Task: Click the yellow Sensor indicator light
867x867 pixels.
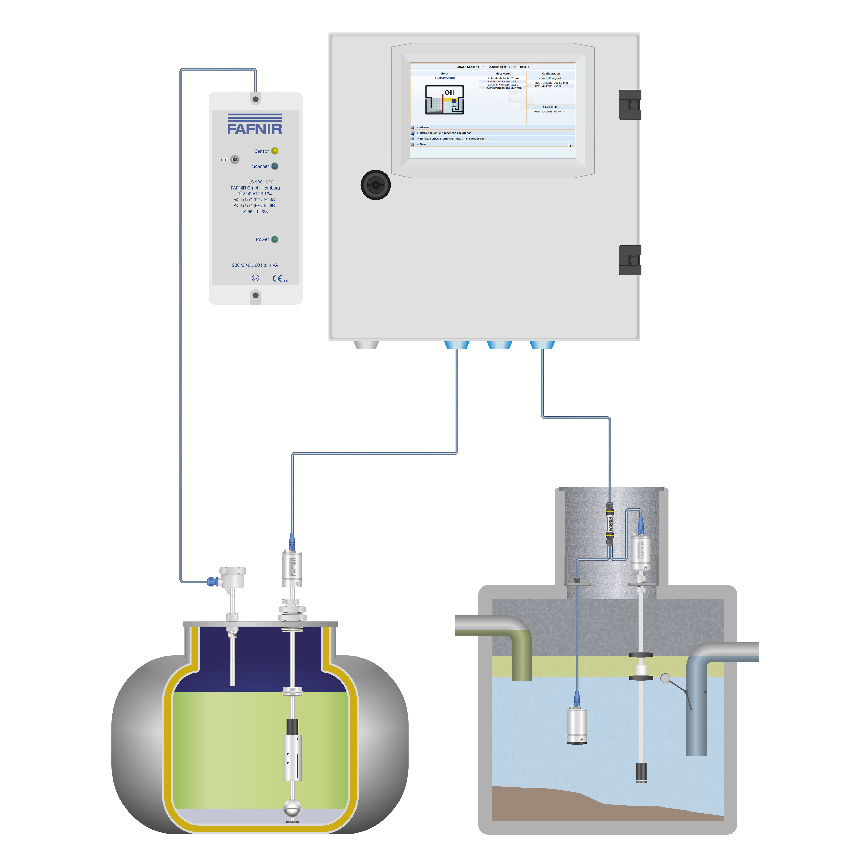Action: pyautogui.click(x=275, y=151)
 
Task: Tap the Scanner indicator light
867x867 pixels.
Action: pyautogui.click(x=275, y=166)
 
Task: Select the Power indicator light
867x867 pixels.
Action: pyautogui.click(x=275, y=239)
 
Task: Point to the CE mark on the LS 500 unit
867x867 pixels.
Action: pyautogui.click(x=277, y=278)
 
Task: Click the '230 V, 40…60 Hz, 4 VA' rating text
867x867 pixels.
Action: pyautogui.click(x=255, y=265)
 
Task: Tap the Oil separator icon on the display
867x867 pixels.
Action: pyautogui.click(x=444, y=100)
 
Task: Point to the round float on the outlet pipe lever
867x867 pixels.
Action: pyautogui.click(x=666, y=679)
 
